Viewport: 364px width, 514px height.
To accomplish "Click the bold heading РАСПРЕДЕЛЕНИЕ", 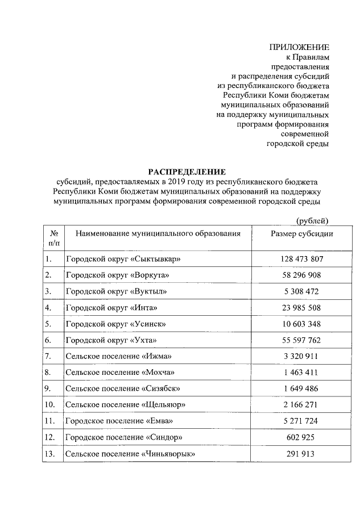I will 187,172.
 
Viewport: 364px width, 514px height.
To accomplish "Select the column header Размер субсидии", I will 301,233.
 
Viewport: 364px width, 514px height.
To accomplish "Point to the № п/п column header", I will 52,238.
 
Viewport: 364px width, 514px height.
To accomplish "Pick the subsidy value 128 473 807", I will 301,259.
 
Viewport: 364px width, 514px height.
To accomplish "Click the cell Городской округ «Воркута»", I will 118,275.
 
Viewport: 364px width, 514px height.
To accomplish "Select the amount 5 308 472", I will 301,291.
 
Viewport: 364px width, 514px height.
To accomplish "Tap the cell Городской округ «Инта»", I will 111,308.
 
